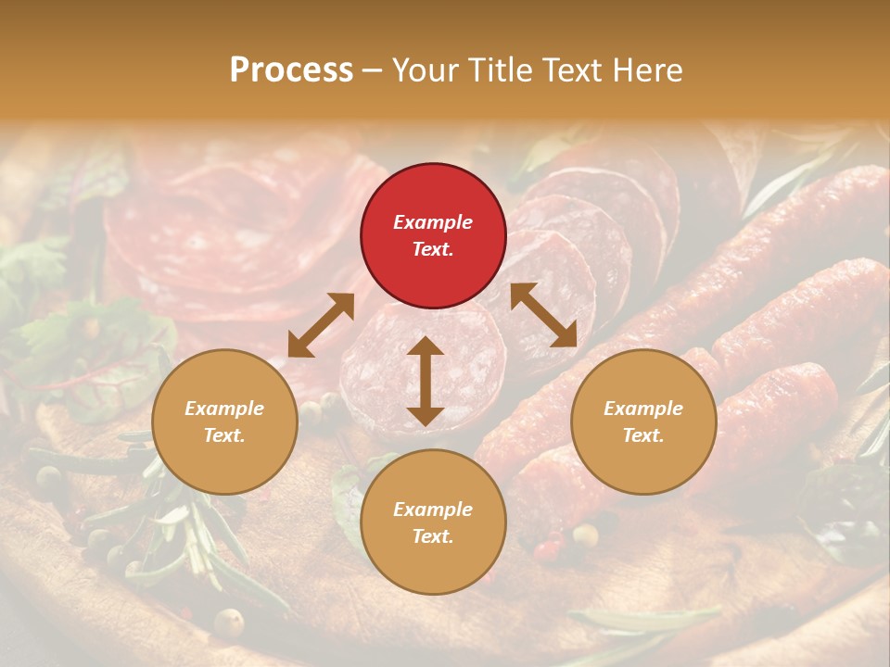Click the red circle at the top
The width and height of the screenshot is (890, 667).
pos(433,235)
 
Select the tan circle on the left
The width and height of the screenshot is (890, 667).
pos(224,422)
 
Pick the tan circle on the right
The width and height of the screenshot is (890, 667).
pos(642,422)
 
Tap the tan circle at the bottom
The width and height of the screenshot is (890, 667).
pos(433,522)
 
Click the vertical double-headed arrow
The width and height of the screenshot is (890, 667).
pos(426,381)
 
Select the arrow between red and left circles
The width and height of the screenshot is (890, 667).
pos(321,325)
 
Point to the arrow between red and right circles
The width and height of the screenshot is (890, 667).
pos(543,315)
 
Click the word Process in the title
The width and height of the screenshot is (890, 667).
pos(291,70)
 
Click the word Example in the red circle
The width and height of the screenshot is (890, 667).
pos(433,222)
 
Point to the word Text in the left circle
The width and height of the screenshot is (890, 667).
pos(224,435)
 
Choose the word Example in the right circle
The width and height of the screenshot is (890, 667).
pos(642,409)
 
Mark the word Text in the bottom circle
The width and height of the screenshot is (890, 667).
pos(433,536)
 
